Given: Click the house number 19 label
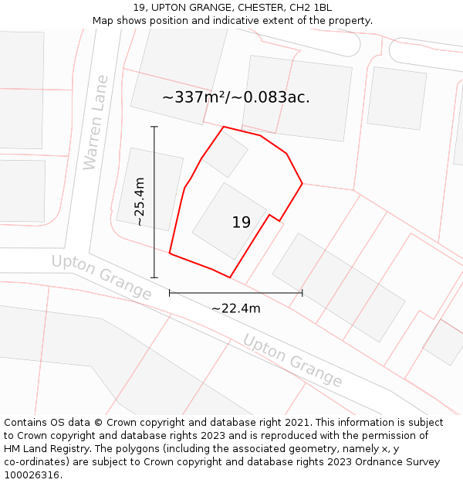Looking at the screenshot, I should (x=241, y=223).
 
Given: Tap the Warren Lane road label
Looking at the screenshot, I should (x=96, y=122).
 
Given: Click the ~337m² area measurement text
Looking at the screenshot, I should (x=235, y=97).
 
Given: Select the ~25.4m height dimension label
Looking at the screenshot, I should (x=139, y=202).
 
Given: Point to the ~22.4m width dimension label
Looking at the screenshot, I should (x=235, y=308).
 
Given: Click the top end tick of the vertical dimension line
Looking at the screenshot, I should (x=154, y=127).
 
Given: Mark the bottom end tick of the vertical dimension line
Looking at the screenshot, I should (x=154, y=277).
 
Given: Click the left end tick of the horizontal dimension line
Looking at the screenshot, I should (x=170, y=293).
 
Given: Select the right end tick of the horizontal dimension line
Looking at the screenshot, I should (x=302, y=293).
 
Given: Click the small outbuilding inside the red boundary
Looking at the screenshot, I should (x=225, y=154).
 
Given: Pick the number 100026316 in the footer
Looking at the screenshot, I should (x=32, y=474).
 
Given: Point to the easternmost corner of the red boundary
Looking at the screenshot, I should (x=302, y=183).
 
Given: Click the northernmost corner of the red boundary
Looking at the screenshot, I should (x=224, y=127).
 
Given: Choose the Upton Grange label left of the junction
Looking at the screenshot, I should (x=102, y=277).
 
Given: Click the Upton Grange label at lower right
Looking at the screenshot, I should (x=292, y=360).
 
